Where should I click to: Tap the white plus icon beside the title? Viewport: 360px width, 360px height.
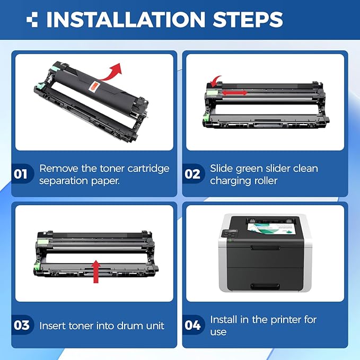click(x=32, y=19)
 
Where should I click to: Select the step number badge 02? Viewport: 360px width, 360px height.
click(x=192, y=174)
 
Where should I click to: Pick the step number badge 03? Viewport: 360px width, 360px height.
click(x=21, y=325)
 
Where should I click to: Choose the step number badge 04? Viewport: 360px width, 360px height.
click(x=192, y=325)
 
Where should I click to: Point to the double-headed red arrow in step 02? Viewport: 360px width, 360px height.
click(x=234, y=93)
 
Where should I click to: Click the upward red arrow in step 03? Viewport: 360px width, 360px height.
click(x=96, y=271)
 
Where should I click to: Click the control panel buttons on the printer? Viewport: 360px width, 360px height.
click(x=230, y=234)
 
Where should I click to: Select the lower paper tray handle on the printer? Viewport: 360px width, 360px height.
click(x=265, y=286)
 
